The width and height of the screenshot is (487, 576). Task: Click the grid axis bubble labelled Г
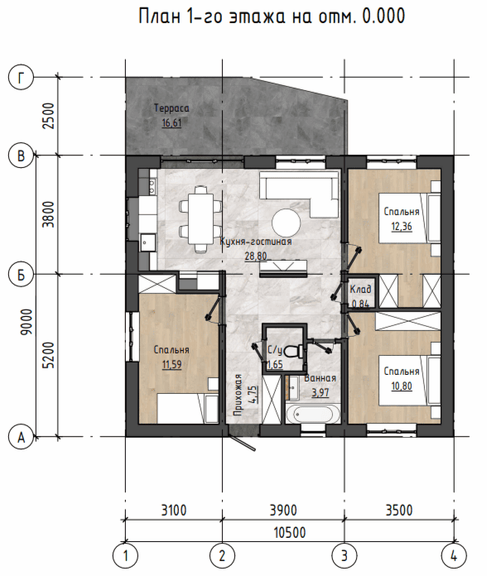point(21,78)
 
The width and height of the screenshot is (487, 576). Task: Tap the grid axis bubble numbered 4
point(454,556)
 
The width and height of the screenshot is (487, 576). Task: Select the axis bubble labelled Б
point(21,274)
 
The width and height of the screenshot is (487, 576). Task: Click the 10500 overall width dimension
point(290,532)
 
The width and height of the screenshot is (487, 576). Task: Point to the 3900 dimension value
point(283,511)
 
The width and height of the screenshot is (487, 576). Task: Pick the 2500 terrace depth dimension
point(48,116)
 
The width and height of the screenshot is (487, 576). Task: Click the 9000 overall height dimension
point(27,322)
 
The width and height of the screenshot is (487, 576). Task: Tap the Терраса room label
point(171,108)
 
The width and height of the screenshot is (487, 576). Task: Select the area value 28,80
point(256,256)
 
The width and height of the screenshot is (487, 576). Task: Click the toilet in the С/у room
point(294,352)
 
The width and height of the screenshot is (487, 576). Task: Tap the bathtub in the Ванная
point(313,415)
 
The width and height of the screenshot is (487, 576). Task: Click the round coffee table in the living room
point(286,223)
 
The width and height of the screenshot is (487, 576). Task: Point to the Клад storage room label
point(360,290)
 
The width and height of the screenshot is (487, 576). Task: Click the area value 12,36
point(402,226)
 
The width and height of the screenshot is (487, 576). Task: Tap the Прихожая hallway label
point(239,395)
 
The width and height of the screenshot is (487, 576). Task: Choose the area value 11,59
point(171,364)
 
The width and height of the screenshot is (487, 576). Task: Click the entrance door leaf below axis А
point(242,442)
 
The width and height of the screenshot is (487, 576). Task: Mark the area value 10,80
point(402,386)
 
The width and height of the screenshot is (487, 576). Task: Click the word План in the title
point(160,17)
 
